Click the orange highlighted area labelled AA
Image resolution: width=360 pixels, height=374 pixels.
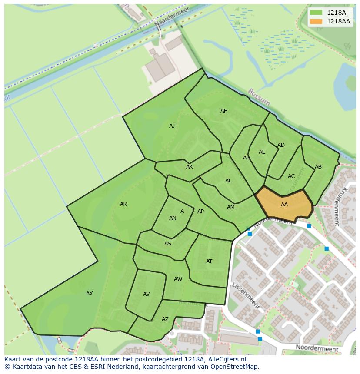(284, 205)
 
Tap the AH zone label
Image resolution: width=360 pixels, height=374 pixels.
(224, 111)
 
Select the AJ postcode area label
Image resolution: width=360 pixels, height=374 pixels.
(172, 126)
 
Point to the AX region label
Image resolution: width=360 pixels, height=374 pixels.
(90, 294)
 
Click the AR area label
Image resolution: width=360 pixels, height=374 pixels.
(123, 204)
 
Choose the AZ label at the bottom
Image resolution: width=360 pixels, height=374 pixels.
(165, 319)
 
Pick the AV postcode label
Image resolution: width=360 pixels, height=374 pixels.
(147, 294)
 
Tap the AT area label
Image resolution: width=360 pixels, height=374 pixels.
(209, 261)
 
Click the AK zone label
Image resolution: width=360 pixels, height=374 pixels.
(190, 167)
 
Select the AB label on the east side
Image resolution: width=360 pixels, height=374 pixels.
(318, 167)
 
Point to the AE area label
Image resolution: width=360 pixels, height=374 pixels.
(262, 152)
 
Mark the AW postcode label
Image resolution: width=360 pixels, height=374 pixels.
(178, 279)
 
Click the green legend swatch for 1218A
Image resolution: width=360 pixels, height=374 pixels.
(316, 13)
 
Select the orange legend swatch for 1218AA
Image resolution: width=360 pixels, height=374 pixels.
(316, 21)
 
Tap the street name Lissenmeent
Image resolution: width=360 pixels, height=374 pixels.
(246, 296)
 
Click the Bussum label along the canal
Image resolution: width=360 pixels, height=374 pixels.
(259, 97)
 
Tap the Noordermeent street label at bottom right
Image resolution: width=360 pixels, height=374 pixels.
(317, 348)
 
